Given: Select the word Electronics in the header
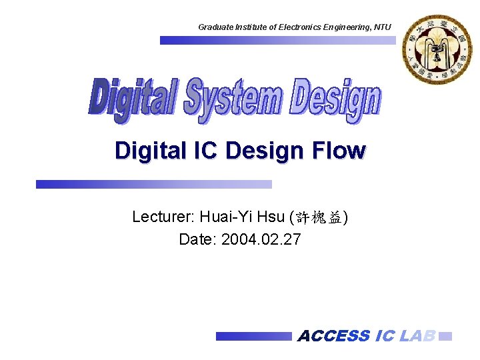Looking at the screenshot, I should point(297,27).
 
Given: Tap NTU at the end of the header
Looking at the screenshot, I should point(383,27).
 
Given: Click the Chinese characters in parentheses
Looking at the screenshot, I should point(318,217).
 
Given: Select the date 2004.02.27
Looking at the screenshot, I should point(261,239).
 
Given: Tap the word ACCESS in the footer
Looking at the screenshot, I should point(333,336).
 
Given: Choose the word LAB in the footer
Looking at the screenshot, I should point(418,336).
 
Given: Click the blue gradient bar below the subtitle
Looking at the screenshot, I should point(154,184).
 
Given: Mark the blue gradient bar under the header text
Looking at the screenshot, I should point(277,40).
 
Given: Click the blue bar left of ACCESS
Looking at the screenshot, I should point(253,337).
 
